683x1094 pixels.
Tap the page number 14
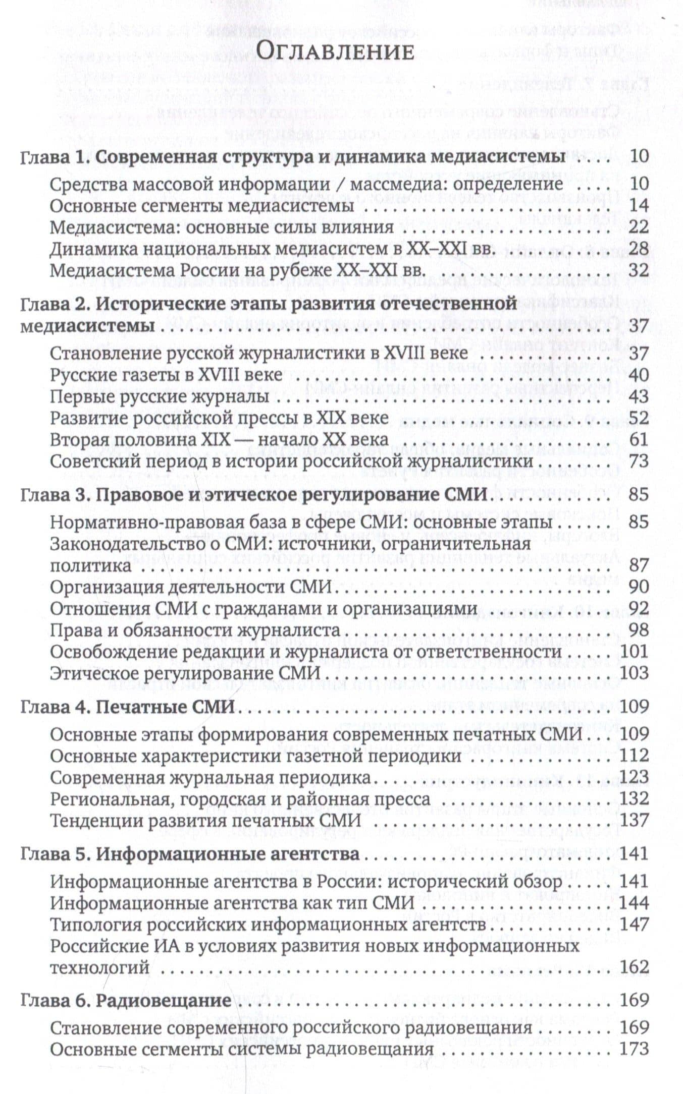coord(639,206)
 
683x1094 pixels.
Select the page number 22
coord(639,227)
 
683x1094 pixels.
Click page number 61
coord(639,440)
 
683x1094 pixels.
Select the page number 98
coord(639,630)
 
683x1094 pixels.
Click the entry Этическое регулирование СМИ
coord(186,673)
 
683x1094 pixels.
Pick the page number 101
coord(635,652)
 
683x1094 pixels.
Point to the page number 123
coord(635,777)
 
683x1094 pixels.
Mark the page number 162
coord(635,967)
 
